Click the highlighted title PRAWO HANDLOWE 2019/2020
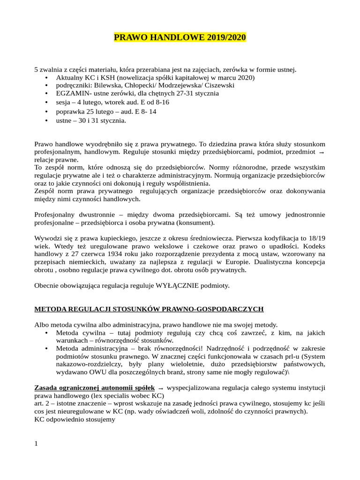(180, 37)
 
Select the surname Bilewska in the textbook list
(108, 85)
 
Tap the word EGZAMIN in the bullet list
(71, 94)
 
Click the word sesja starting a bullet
(64, 102)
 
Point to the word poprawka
(70, 112)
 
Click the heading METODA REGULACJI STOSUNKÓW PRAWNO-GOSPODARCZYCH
(149, 309)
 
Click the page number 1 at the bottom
(36, 443)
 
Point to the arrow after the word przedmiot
(321, 153)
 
